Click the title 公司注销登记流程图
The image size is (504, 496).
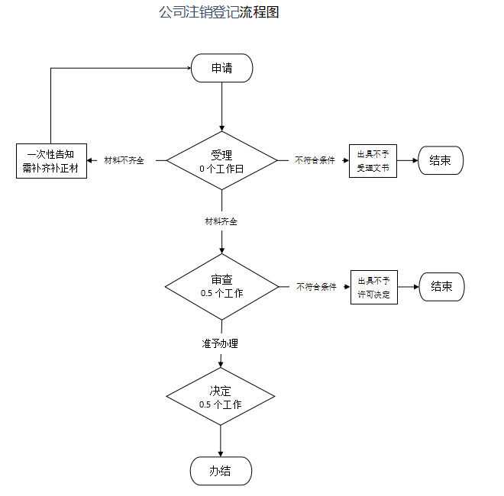tap(218, 13)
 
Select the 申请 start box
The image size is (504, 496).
tap(221, 69)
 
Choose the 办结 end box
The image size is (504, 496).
tap(220, 471)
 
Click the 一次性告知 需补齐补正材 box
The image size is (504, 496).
tap(51, 161)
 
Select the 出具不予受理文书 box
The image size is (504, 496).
tap(373, 161)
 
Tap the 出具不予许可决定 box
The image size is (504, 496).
tap(374, 287)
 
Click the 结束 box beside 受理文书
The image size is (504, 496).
tap(440, 161)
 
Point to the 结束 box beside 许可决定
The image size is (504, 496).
tap(441, 287)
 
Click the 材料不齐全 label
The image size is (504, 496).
tap(124, 161)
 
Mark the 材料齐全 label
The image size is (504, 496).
tap(221, 221)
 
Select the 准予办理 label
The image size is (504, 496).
tap(220, 343)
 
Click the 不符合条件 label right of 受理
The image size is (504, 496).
tap(315, 161)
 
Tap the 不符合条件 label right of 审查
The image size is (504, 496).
tap(316, 287)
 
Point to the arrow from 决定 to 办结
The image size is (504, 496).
tap(220, 440)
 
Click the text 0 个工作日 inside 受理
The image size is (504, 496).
tap(221, 168)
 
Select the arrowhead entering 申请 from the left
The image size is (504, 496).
tap(187, 69)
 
